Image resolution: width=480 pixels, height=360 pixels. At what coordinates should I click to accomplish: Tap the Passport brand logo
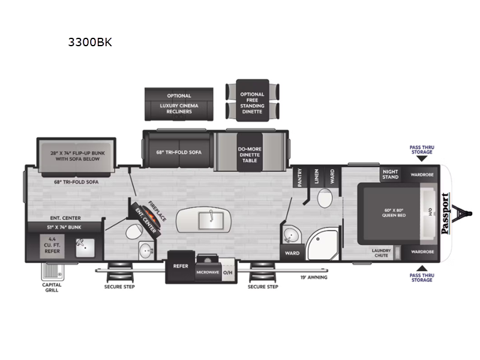tap(445, 213)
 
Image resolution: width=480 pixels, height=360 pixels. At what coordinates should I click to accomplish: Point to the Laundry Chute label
tap(382, 253)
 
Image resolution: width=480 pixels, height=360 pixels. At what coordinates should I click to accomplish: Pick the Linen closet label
tap(316, 176)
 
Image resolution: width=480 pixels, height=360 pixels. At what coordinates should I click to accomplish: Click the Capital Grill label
tap(52, 287)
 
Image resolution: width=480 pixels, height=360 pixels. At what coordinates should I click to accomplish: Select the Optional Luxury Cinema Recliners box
tap(179, 103)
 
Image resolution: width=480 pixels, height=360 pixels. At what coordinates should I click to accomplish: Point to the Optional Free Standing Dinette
tap(252, 100)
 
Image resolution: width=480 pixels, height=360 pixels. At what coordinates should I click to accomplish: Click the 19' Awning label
tap(311, 277)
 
